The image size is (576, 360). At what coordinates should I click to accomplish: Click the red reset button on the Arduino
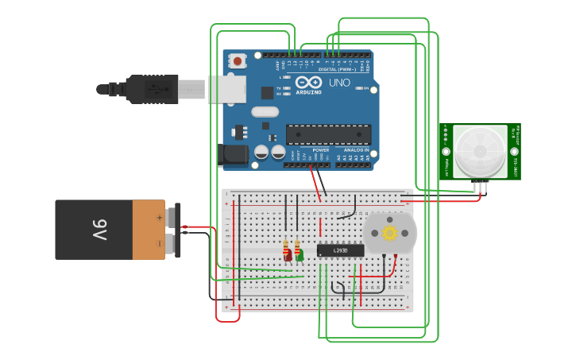click(x=238, y=60)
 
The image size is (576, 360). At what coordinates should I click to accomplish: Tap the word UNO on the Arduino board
click(x=339, y=83)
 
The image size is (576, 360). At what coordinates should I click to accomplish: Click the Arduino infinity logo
click(x=308, y=82)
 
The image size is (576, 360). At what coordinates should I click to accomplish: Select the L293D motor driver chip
click(x=340, y=250)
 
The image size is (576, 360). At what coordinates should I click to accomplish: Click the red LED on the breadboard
click(x=288, y=256)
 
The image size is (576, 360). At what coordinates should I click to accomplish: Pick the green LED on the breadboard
click(x=299, y=255)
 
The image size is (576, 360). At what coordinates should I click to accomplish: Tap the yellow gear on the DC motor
click(x=389, y=233)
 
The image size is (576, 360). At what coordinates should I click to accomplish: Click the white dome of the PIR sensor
click(x=480, y=150)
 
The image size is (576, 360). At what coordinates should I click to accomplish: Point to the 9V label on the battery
click(x=99, y=230)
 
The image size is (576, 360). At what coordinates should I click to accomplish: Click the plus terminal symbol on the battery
click(x=159, y=216)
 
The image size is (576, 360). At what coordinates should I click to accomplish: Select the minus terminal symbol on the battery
click(x=159, y=243)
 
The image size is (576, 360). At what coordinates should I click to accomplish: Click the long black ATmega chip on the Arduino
click(x=327, y=135)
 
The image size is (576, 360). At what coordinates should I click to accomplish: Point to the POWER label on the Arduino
click(x=321, y=149)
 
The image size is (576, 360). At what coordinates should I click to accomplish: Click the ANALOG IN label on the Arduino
click(x=356, y=149)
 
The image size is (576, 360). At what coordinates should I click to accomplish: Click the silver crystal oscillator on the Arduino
click(x=265, y=112)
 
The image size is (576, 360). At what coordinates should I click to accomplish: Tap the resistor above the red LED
click(x=286, y=245)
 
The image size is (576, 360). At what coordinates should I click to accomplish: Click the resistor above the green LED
click(x=297, y=245)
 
